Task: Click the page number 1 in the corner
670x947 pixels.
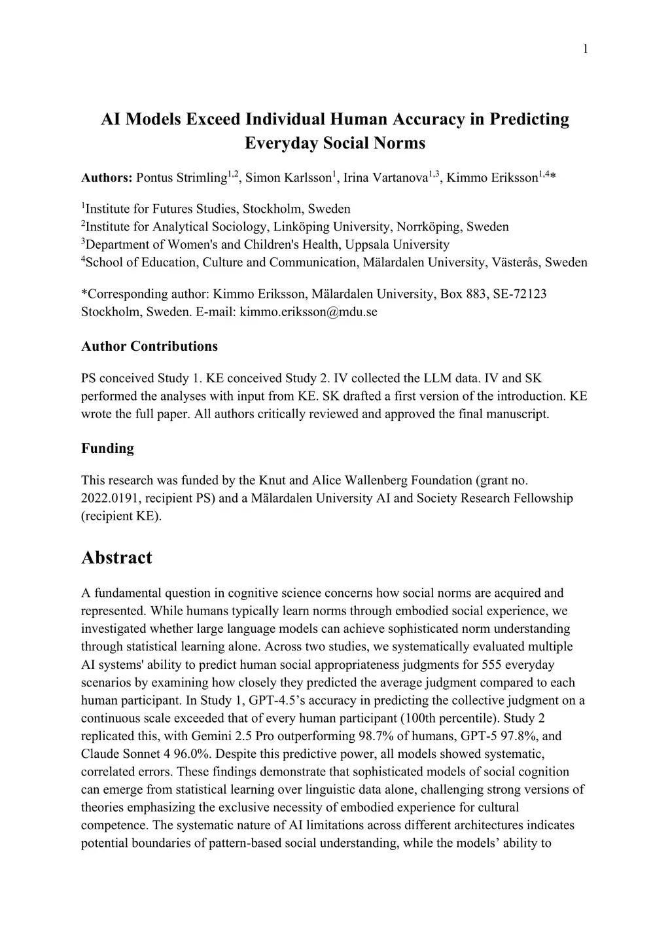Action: click(x=585, y=49)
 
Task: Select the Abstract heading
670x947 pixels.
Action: click(x=116, y=558)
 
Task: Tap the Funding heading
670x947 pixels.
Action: click(x=107, y=448)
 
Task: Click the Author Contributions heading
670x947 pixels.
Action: click(x=149, y=346)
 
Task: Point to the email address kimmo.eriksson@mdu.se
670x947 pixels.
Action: click(x=308, y=312)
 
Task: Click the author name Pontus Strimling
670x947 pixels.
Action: click(x=181, y=178)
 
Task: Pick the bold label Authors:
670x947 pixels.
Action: click(x=107, y=178)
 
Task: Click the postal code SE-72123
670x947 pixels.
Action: click(x=520, y=294)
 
